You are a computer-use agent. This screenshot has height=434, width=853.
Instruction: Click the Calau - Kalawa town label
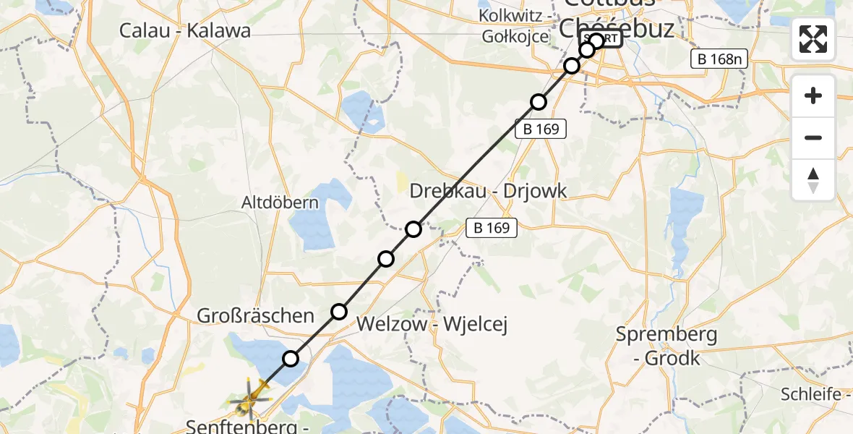click(185, 30)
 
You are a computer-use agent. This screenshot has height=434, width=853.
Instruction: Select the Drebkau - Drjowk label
click(488, 191)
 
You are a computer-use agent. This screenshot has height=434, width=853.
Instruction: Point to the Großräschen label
click(257, 315)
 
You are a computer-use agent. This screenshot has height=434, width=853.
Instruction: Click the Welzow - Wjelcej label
click(432, 325)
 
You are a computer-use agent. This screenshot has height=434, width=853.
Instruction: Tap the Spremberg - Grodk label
click(666, 346)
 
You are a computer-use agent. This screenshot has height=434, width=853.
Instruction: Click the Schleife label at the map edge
click(810, 394)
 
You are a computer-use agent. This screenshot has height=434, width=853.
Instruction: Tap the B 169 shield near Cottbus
click(540, 129)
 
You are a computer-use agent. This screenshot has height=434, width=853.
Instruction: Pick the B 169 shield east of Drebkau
click(492, 228)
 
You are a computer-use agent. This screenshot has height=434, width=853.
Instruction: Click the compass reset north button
click(813, 180)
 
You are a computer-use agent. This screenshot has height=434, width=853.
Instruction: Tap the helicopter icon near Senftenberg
click(250, 399)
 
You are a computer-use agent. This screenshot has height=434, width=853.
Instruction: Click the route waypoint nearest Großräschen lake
click(290, 358)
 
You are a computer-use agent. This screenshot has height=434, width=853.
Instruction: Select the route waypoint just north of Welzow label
click(339, 312)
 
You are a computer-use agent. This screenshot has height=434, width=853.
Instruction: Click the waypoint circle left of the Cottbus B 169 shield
click(538, 102)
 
